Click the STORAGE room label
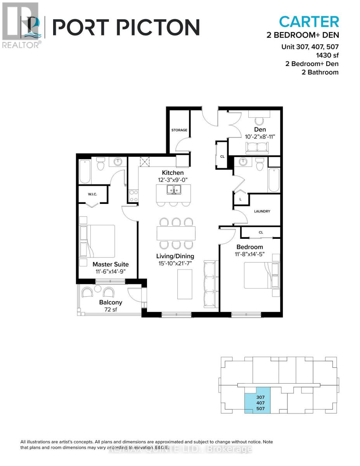pyautogui.click(x=180, y=130)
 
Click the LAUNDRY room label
pyautogui.click(x=262, y=211)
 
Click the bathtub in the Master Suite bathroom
pyautogui.click(x=85, y=171)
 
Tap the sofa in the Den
pyautogui.click(x=256, y=147)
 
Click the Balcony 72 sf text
pyautogui.click(x=111, y=306)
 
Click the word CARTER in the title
pyautogui.click(x=309, y=21)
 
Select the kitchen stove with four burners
pyautogui.click(x=133, y=195)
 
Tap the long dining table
pyautogui.click(x=176, y=233)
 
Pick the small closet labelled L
pyautogui.click(x=240, y=198)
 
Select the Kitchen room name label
pyautogui.click(x=173, y=172)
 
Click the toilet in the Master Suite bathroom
pyautogui.click(x=100, y=165)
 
